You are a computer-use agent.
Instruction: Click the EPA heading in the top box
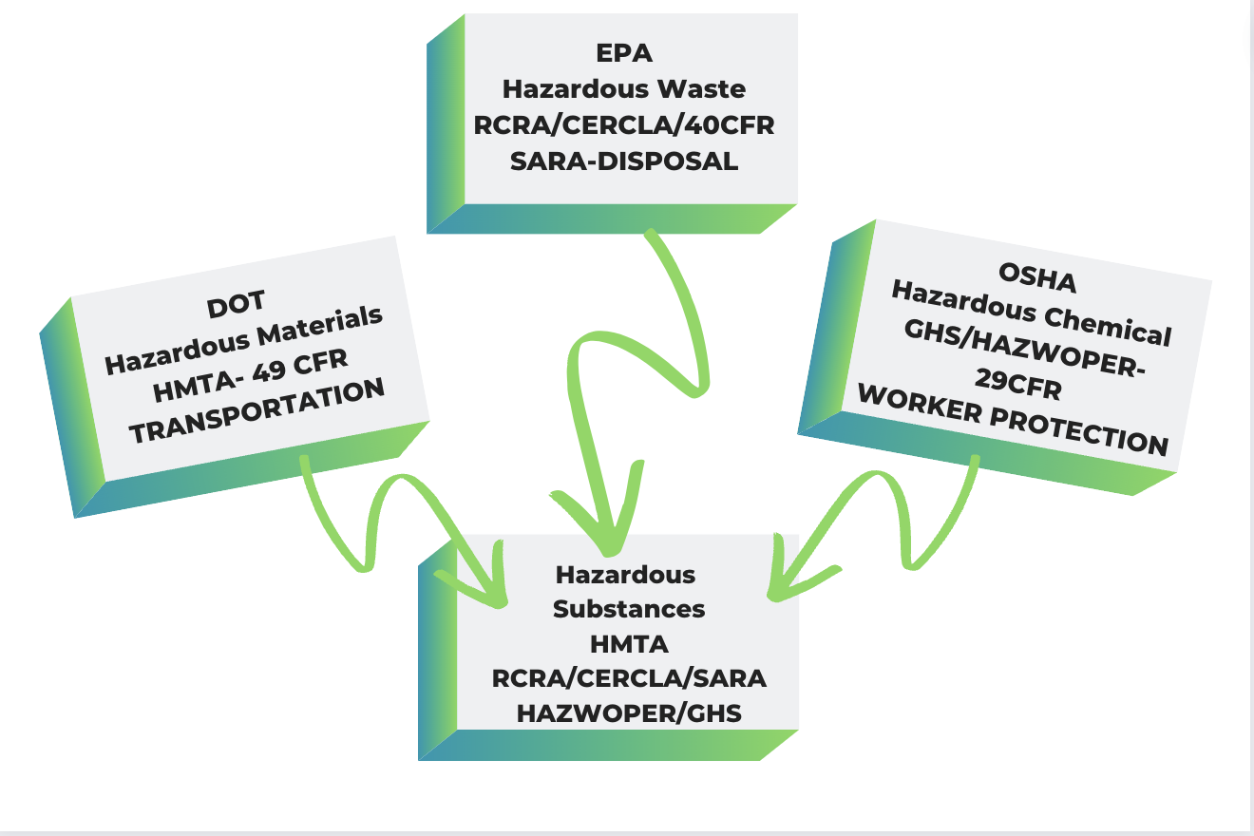click(625, 53)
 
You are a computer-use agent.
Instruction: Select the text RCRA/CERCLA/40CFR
click(624, 125)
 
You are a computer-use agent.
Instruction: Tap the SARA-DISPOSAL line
click(624, 161)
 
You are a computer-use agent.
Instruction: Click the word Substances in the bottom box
click(629, 609)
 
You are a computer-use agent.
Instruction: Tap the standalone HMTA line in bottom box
click(629, 644)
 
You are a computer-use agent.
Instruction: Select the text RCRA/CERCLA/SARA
click(629, 678)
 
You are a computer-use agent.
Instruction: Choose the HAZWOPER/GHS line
click(629, 712)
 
